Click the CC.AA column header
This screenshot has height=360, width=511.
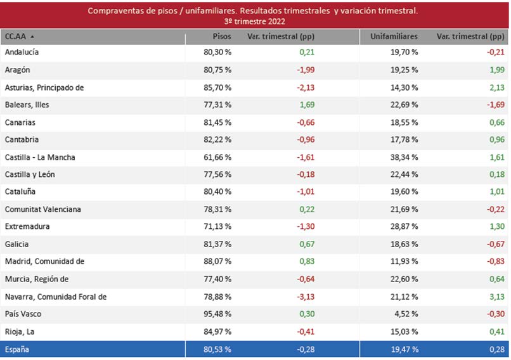pyautogui.click(x=16, y=37)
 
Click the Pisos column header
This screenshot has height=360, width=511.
pyautogui.click(x=221, y=37)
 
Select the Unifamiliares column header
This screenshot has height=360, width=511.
pyautogui.click(x=394, y=37)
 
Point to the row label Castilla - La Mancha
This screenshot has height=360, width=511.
pyautogui.click(x=40, y=157)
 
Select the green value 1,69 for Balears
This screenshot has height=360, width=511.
pyautogui.click(x=306, y=105)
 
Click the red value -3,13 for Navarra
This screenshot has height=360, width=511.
pyautogui.click(x=305, y=297)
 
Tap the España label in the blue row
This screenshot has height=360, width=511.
pyautogui.click(x=17, y=349)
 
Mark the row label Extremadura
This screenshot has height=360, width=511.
pyautogui.click(x=27, y=227)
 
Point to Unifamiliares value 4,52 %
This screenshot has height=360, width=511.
pyautogui.click(x=406, y=314)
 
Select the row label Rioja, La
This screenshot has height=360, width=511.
pyautogui.click(x=20, y=331)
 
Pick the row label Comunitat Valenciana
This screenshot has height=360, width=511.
pyautogui.click(x=43, y=210)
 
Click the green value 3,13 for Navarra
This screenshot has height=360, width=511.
pyautogui.click(x=496, y=297)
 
